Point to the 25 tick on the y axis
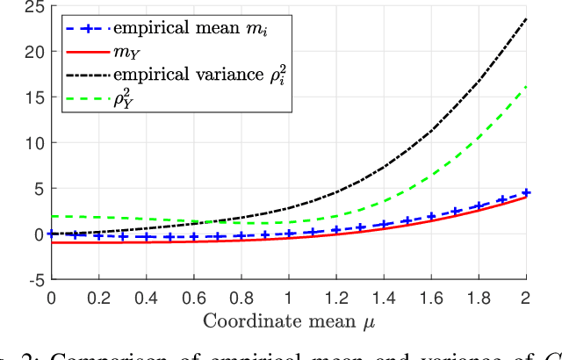click(x=35, y=10)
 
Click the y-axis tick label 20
click(x=35, y=53)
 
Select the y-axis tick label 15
click(x=35, y=98)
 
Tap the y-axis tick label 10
click(x=35, y=143)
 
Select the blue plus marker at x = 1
click(x=289, y=234)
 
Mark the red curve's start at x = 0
click(x=51, y=242)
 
